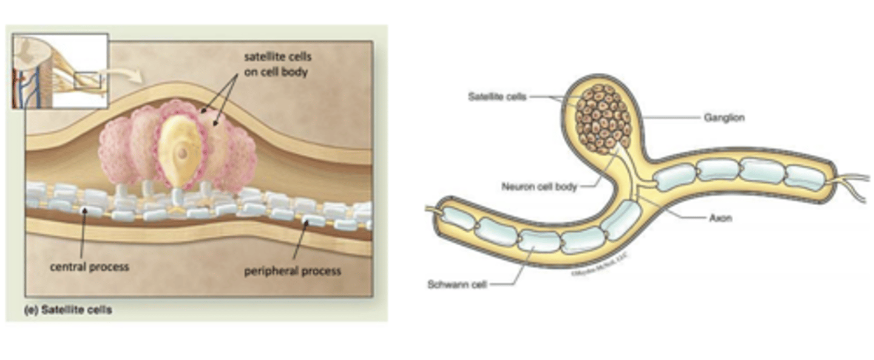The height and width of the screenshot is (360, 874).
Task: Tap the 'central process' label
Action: (x=89, y=267)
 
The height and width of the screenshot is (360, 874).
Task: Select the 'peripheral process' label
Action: (x=293, y=271)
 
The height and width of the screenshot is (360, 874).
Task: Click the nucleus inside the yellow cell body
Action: (x=182, y=152)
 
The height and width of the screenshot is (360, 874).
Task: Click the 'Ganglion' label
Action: (x=723, y=118)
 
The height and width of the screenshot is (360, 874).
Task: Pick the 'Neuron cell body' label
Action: (x=539, y=187)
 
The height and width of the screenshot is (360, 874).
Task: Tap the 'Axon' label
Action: (x=720, y=217)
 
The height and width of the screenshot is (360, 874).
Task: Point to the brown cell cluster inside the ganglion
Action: (x=603, y=118)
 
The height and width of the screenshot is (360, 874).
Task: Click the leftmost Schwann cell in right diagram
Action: (x=458, y=218)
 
